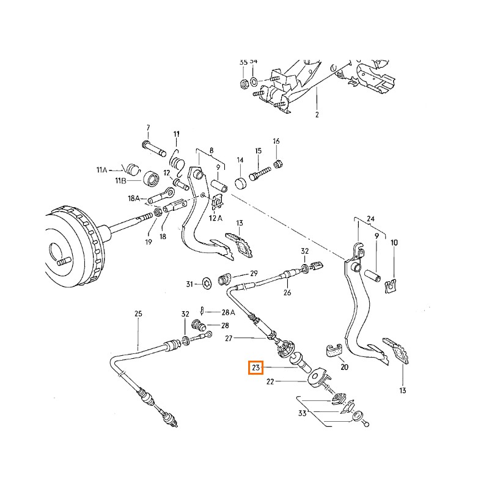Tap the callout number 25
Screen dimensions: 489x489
tap(138, 314)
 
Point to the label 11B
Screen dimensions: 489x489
tap(120, 182)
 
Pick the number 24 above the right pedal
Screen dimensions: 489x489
tap(370, 219)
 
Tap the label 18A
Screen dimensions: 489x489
tap(134, 199)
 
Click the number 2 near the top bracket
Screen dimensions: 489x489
tap(317, 115)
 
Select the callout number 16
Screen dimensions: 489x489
tap(276, 141)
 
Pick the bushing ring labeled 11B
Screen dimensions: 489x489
tap(150, 179)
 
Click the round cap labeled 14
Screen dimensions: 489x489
tap(240, 182)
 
